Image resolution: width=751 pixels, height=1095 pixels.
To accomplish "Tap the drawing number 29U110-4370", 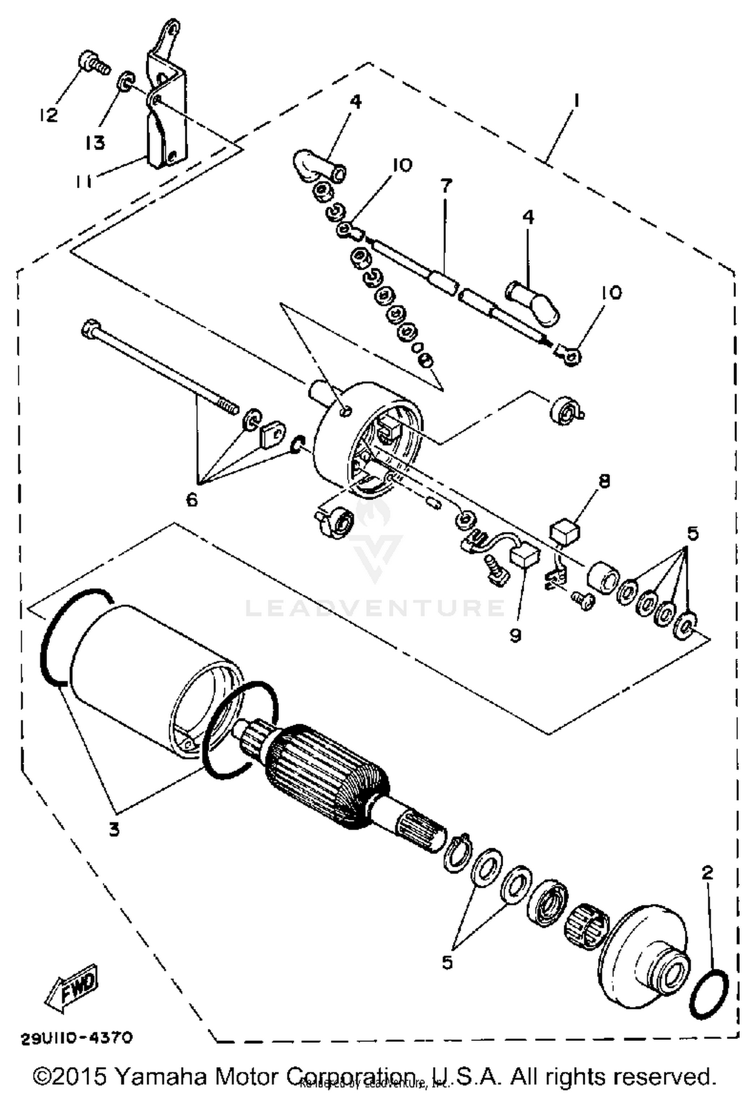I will [77, 1038].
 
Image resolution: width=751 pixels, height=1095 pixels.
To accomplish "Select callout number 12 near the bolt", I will [49, 115].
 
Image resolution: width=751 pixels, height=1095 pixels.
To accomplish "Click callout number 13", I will [94, 143].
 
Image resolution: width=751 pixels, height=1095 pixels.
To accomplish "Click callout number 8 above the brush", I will [604, 481].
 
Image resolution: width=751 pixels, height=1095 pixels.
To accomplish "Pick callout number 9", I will [516, 635].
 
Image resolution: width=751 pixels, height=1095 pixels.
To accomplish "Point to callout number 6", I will [192, 499].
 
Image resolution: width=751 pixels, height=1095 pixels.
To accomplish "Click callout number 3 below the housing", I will [115, 830].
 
